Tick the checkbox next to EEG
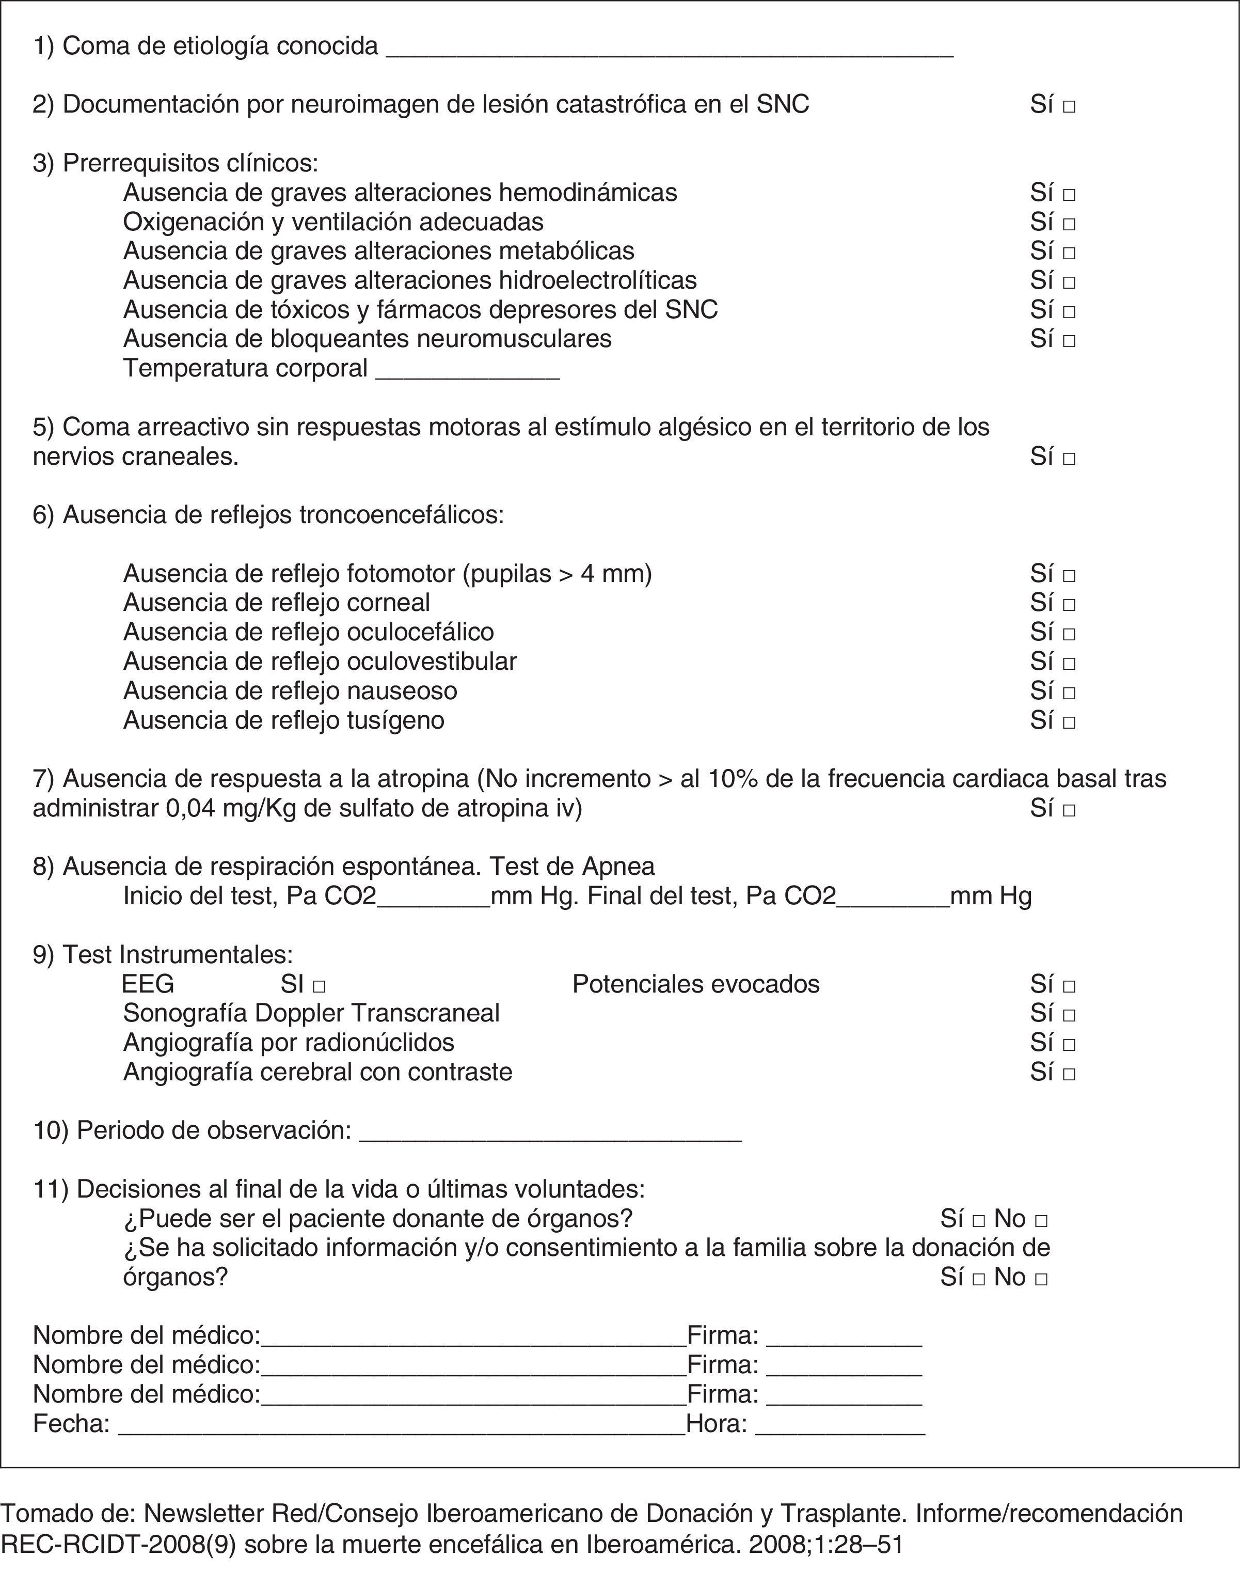pyautogui.click(x=319, y=986)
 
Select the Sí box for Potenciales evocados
pyautogui.click(x=1069, y=986)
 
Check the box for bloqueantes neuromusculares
pyautogui.click(x=1069, y=340)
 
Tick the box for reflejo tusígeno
pyautogui.click(x=1069, y=722)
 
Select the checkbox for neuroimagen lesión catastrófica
pyautogui.click(x=1069, y=107)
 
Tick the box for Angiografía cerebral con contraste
pyautogui.click(x=1069, y=1074)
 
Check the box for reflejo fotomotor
pyautogui.click(x=1069, y=575)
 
